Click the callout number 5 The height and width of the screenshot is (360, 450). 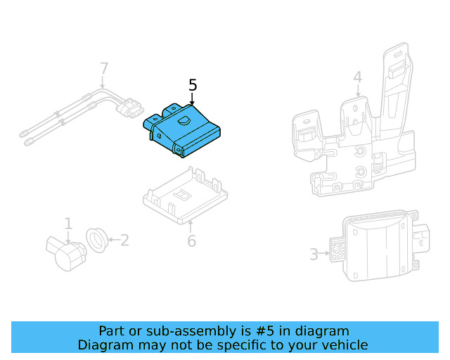pyautogui.click(x=193, y=86)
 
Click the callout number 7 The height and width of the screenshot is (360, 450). pyautogui.click(x=104, y=69)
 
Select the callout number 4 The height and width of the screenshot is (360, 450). pyautogui.click(x=357, y=76)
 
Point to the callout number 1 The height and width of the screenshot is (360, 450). pyautogui.click(x=68, y=224)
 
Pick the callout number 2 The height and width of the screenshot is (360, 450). pyautogui.click(x=124, y=240)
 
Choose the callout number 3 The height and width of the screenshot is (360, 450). pyautogui.click(x=314, y=254)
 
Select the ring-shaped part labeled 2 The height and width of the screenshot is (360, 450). pyautogui.click(x=96, y=240)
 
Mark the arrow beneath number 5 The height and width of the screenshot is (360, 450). pyautogui.click(x=193, y=101)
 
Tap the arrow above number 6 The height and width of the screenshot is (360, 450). pyautogui.click(x=191, y=225)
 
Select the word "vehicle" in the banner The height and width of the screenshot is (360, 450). pyautogui.click(x=342, y=345)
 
